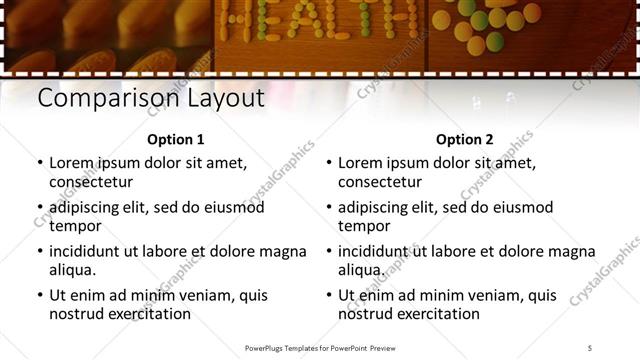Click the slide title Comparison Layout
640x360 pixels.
coord(150,99)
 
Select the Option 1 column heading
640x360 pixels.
coord(175,140)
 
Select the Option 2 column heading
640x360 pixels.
coord(464,140)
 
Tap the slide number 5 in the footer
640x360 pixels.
coord(590,347)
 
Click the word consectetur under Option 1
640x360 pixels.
coord(91,182)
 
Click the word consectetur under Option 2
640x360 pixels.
coord(380,182)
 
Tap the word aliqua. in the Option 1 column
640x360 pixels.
coord(73,270)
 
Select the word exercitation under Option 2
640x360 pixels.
coord(434,314)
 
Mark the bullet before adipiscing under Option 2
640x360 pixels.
coord(329,207)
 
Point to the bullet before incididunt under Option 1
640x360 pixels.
coord(40,251)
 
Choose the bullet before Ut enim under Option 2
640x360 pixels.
coord(329,295)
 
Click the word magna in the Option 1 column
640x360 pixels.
coord(285,251)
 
